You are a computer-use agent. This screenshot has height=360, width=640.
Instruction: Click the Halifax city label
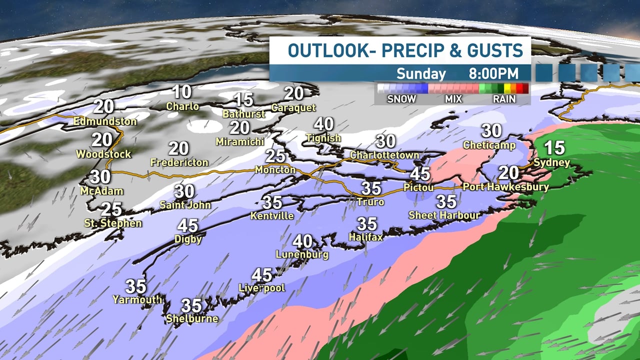366,237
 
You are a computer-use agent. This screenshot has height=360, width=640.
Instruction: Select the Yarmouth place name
137,299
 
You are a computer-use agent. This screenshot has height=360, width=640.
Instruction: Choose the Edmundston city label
105,121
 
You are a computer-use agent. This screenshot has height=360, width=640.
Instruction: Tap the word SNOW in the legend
401,99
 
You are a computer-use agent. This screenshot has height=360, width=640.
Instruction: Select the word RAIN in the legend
505,99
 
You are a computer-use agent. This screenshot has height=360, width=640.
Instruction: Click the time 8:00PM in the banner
493,73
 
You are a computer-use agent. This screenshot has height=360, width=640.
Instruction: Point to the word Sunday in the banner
421,73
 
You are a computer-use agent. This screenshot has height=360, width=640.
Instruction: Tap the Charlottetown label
384,155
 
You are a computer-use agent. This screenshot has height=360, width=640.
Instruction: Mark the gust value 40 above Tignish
324,124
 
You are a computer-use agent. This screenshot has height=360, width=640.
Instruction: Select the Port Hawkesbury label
505,187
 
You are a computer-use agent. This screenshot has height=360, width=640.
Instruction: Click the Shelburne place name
192,318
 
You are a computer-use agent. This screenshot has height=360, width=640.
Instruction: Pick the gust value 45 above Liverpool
262,274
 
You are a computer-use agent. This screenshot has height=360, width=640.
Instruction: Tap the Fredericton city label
179,162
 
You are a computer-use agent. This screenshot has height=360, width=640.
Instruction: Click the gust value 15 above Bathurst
244,99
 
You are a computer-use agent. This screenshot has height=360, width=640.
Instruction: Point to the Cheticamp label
490,145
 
